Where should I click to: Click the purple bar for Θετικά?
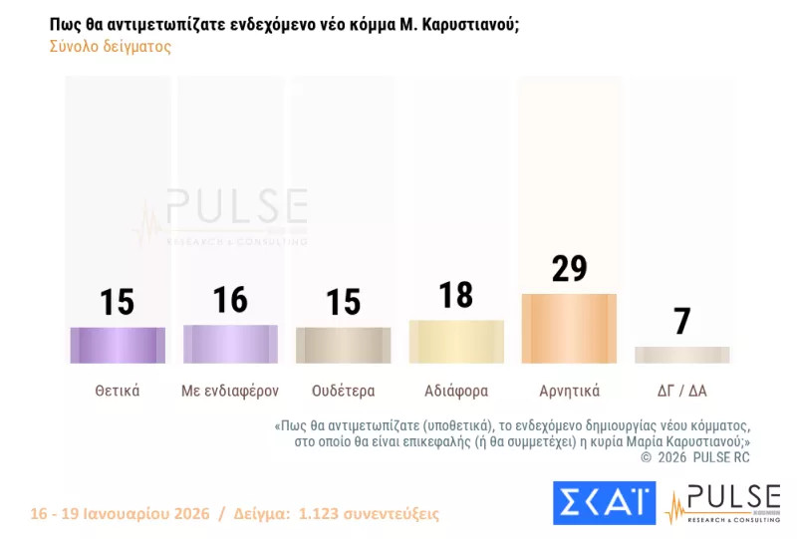[x=118, y=345]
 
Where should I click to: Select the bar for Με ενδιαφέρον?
[x=230, y=344]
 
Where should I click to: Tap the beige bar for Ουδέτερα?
[x=343, y=345]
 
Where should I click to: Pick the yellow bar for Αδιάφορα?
[x=456, y=342]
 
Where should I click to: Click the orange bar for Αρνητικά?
[x=569, y=328]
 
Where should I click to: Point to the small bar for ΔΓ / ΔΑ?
[x=681, y=355]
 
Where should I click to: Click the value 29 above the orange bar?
[x=569, y=269]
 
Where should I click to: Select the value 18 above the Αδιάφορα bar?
[x=456, y=296]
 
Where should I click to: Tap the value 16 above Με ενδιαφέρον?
[x=230, y=300]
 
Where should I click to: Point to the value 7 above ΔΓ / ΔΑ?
[x=681, y=322]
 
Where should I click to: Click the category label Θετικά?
[x=118, y=391]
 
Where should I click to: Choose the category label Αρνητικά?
[x=569, y=391]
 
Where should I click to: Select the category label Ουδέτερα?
[x=343, y=391]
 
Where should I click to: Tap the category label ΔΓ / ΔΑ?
[x=681, y=391]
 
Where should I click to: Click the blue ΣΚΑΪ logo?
[x=604, y=503]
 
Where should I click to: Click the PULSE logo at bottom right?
[x=722, y=503]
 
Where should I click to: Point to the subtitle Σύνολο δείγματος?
[x=110, y=47]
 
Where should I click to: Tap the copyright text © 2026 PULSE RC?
[x=694, y=456]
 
